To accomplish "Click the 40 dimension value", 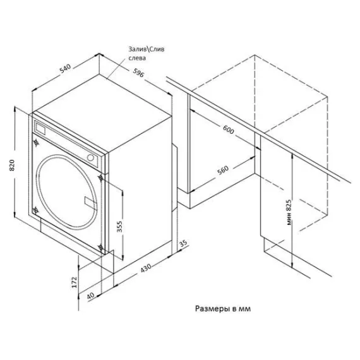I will (90, 295).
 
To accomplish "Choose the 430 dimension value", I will (146, 270).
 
